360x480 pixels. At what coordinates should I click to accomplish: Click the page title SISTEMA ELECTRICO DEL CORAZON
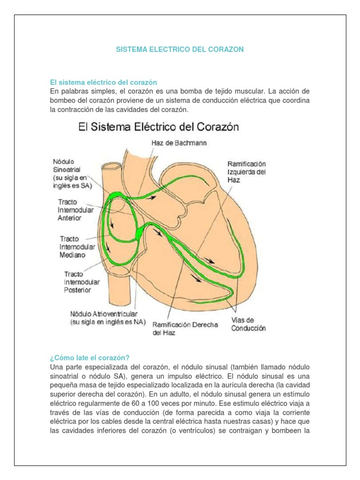(180, 49)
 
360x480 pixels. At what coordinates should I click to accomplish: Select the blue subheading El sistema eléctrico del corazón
(103, 82)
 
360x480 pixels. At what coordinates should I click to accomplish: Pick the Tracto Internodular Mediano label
(77, 247)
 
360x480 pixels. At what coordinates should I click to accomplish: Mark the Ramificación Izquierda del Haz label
(247, 172)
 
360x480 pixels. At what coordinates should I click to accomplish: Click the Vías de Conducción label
(248, 324)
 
